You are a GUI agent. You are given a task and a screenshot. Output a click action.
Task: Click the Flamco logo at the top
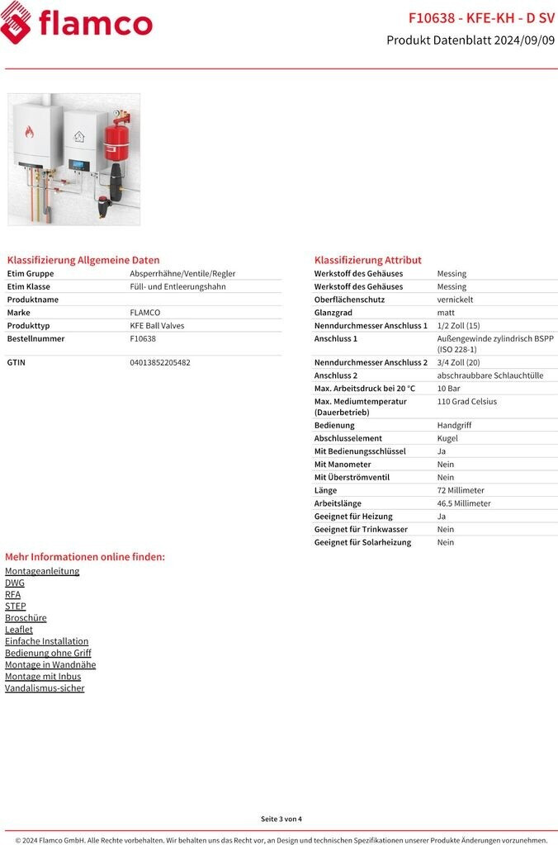[x=76, y=23]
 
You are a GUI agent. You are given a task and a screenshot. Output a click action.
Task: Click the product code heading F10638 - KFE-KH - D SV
[x=481, y=18]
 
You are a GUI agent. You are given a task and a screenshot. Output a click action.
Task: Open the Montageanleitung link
[x=42, y=571]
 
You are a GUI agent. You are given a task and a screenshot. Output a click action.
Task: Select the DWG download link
[x=15, y=583]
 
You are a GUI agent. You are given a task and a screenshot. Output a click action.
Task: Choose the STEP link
[x=15, y=606]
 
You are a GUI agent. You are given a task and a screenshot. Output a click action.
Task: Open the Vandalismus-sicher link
[x=45, y=688]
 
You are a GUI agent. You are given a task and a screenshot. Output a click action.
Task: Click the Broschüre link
[x=26, y=617]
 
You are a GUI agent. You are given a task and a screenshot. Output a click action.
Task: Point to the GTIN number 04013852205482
[x=160, y=362]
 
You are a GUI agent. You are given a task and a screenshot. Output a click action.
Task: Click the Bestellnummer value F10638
[x=143, y=338]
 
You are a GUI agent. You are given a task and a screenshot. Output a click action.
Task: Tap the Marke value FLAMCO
[x=145, y=313]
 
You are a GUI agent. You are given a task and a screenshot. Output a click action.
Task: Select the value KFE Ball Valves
[x=157, y=326]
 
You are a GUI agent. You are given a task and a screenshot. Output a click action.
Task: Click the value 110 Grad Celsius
[x=467, y=402]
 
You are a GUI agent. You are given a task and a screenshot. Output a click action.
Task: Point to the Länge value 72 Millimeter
[x=461, y=490]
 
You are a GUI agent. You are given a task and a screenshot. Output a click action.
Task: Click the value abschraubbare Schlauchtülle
[x=490, y=375]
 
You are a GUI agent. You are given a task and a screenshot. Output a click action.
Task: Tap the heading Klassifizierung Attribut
[x=367, y=260]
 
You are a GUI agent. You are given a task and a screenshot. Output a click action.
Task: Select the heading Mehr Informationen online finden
[x=85, y=557]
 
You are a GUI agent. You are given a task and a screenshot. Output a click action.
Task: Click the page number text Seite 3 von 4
[x=281, y=819]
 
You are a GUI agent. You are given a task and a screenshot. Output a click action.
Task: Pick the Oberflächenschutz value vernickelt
[x=456, y=300]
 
